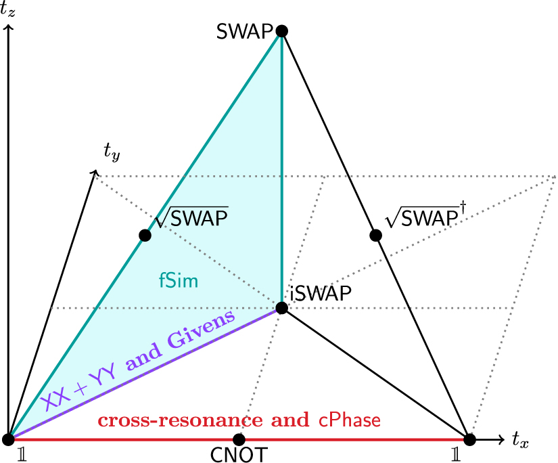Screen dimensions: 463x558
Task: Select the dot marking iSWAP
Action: tap(282, 308)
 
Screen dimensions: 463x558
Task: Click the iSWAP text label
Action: tap(321, 294)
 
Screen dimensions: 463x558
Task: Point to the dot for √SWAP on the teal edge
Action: tap(144, 236)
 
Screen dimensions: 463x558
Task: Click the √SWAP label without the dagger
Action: tap(192, 217)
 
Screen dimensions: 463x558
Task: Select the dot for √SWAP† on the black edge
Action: tap(376, 236)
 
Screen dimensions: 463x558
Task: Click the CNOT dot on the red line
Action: tap(238, 439)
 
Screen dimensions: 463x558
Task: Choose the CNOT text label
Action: tap(238, 454)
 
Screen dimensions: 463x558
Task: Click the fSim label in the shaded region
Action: tap(179, 280)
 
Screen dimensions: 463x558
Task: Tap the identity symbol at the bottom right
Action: tap(459, 454)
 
